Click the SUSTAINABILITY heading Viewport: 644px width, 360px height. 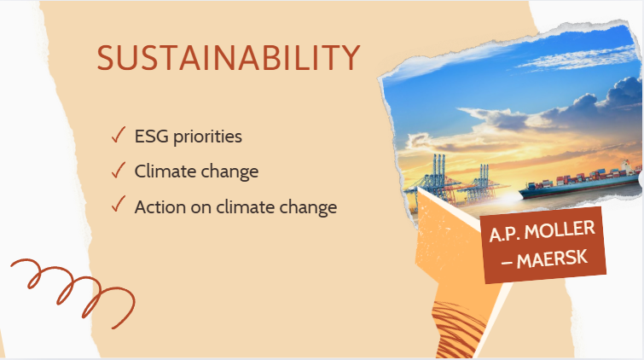(x=229, y=57)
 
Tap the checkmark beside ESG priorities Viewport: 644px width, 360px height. (x=119, y=135)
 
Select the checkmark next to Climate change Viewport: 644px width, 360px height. (x=119, y=170)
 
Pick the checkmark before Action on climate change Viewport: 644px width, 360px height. (x=119, y=204)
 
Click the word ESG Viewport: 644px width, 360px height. (x=151, y=136)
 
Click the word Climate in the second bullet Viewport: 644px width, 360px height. (x=165, y=171)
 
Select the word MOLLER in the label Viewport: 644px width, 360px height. (x=560, y=230)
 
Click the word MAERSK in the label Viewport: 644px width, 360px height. (x=552, y=259)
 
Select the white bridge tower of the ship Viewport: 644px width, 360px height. (x=625, y=167)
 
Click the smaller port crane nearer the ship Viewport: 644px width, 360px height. (x=482, y=183)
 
